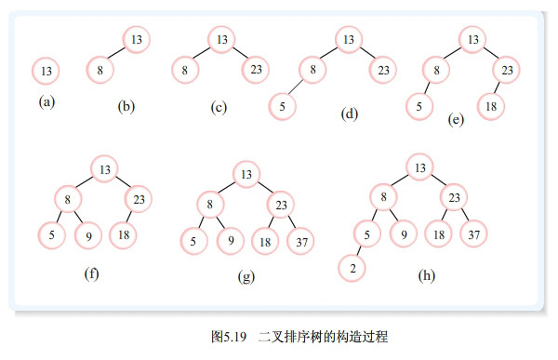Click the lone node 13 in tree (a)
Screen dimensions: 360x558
[47, 71]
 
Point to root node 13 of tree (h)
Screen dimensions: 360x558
[419, 167]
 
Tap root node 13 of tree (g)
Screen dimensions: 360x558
[246, 173]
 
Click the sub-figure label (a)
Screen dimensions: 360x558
[46, 102]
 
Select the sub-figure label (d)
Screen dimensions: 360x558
[350, 114]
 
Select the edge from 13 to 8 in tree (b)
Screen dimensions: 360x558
[118, 53]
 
